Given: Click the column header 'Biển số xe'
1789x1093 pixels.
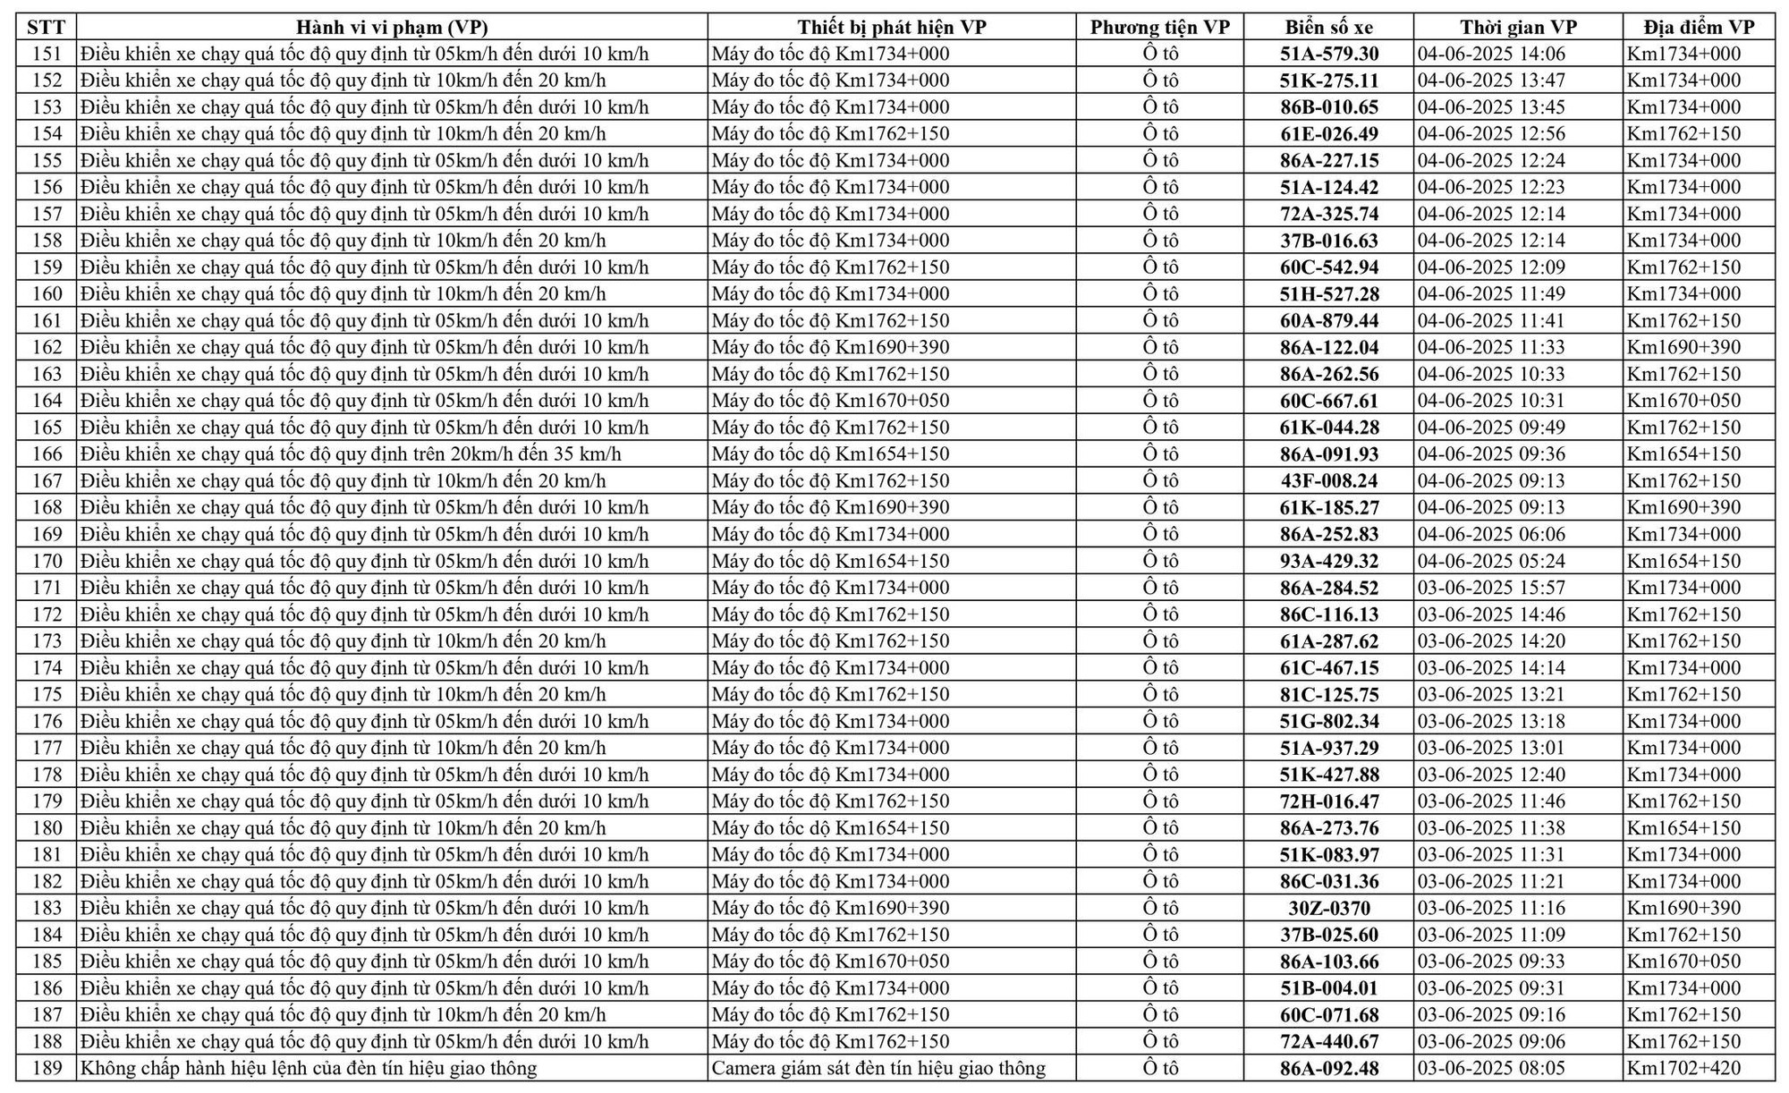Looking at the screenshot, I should coord(1328,27).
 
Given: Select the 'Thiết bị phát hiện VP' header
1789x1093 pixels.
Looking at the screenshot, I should coord(892,27).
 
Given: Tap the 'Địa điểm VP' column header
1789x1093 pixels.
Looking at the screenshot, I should coord(1698,27).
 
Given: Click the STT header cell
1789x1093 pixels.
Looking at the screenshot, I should coord(47,27).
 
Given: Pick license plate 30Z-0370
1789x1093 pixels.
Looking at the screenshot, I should coord(1328,908).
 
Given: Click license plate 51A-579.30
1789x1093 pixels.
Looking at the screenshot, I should coord(1328,54).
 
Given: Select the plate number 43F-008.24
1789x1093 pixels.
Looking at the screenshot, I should coord(1328,481).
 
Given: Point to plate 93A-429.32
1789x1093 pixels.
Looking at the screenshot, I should coord(1328,561).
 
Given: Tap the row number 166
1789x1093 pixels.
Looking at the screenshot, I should coord(47,454).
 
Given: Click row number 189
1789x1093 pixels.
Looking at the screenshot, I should coord(47,1068).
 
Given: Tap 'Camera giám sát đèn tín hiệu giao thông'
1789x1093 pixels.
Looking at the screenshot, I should coord(878,1068).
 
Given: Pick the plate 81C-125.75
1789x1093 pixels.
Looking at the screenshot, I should coord(1328,695).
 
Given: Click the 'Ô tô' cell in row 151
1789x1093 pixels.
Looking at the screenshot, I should coord(1160,54).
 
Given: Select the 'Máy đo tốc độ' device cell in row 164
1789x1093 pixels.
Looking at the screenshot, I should coord(830,401).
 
